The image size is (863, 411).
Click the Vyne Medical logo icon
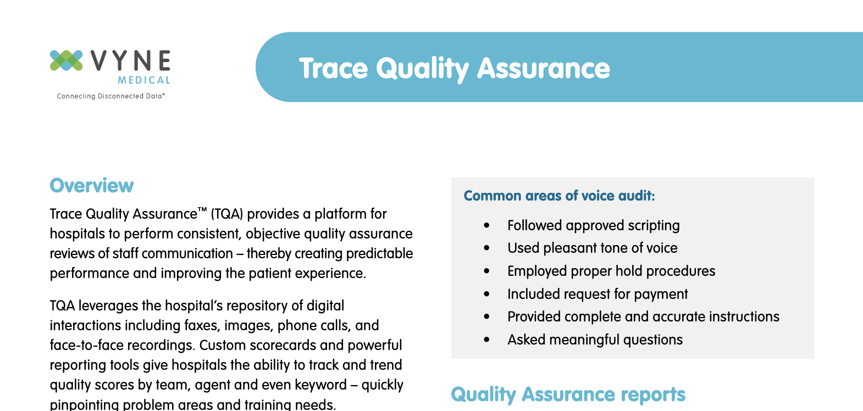66,60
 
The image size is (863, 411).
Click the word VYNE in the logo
131,61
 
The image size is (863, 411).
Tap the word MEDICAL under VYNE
144,80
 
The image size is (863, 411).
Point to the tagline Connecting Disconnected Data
110,96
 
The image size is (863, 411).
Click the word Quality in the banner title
422,69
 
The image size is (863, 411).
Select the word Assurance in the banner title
543,69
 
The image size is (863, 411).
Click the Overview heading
91,186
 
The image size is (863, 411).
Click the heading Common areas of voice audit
559,196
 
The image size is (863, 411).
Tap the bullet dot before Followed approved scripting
486,226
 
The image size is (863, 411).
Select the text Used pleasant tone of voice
592,248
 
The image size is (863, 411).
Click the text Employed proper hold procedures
611,271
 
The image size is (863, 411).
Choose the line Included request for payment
597,295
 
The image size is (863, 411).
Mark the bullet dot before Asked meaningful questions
486,340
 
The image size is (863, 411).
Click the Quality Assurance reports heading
568,395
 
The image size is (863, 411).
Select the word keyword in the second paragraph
320,385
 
